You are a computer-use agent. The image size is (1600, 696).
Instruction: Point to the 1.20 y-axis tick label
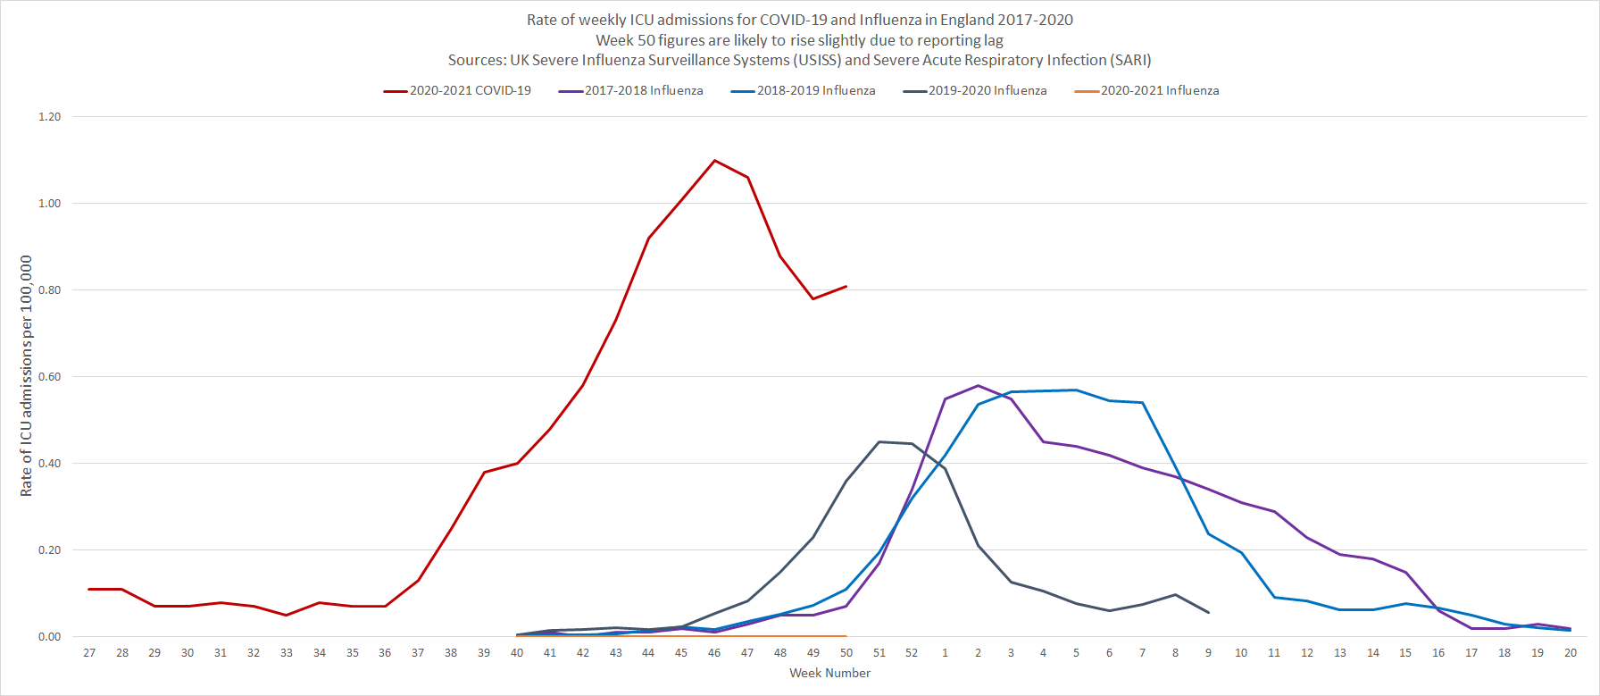(x=50, y=117)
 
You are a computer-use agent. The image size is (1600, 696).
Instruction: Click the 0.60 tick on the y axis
(x=50, y=377)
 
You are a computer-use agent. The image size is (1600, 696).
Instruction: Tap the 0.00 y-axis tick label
(x=50, y=637)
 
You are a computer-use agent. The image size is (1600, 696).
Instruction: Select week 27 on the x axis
(x=89, y=653)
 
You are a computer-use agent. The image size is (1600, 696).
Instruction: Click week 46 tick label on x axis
(x=714, y=653)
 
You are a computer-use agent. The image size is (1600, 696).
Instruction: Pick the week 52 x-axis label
(x=912, y=653)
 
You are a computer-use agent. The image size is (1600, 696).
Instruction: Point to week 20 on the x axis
(x=1571, y=653)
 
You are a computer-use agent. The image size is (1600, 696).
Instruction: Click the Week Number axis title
(x=829, y=674)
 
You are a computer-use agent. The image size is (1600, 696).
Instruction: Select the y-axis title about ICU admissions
(x=26, y=376)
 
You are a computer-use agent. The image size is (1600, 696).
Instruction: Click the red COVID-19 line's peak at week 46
(x=714, y=161)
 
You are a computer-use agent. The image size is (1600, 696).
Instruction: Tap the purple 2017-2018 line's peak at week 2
(x=979, y=386)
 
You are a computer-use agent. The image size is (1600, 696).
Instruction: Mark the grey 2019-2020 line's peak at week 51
(x=879, y=441)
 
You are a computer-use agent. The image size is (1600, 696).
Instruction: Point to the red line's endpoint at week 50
(x=846, y=287)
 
